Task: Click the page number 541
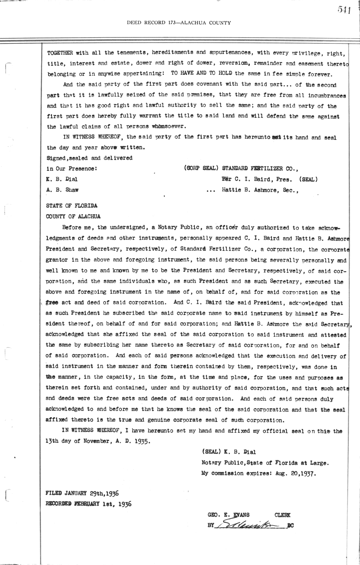(x=344, y=10)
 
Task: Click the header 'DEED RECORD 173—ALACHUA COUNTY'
(x=179, y=22)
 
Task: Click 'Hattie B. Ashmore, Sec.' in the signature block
(x=260, y=190)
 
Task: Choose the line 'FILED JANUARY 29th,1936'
(x=82, y=493)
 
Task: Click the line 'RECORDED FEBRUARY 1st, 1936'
(x=88, y=504)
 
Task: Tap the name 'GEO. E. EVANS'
(x=229, y=515)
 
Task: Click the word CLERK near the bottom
(x=282, y=515)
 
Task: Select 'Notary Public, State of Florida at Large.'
(x=265, y=463)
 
